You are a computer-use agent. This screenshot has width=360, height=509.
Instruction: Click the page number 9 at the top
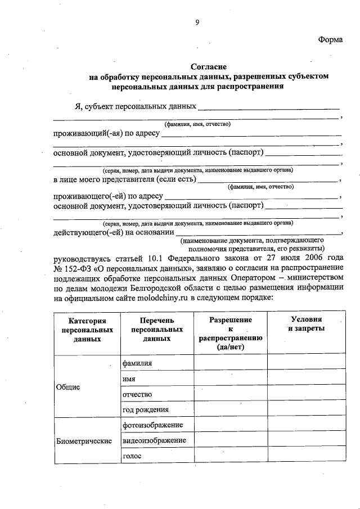point(197,22)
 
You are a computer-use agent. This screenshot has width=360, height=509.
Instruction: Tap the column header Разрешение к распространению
point(231,334)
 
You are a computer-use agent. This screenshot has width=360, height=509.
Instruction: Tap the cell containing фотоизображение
point(154,425)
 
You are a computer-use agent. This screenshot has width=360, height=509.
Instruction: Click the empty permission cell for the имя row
point(231,379)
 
